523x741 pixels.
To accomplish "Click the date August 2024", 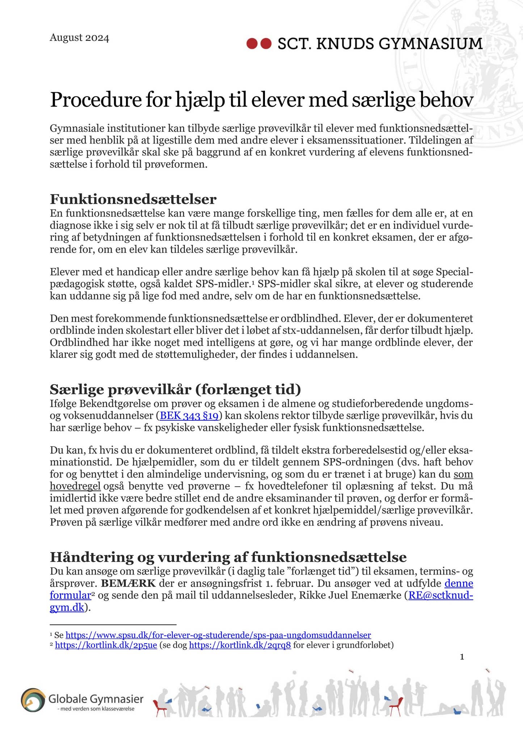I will pyautogui.click(x=79, y=38).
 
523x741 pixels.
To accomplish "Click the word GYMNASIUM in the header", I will pyautogui.click(x=430, y=44).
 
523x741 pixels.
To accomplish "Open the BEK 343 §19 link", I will pyautogui.click(x=189, y=416).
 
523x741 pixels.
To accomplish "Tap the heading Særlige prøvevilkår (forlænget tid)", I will pyautogui.click(x=176, y=389).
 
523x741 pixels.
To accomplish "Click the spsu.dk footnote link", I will pyautogui.click(x=218, y=635).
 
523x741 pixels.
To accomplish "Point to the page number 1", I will pyautogui.click(x=462, y=657).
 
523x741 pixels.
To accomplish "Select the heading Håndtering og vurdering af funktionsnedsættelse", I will pyautogui.click(x=228, y=556).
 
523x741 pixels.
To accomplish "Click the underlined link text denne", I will pyautogui.click(x=459, y=583).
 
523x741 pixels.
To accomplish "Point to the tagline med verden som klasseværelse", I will pyautogui.click(x=96, y=709).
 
